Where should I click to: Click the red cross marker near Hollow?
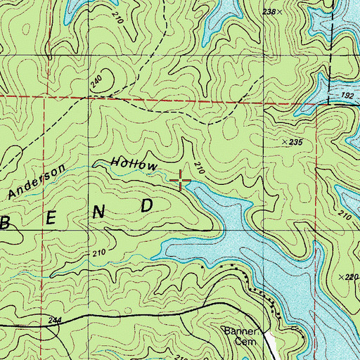(181, 181)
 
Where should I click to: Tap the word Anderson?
(42, 181)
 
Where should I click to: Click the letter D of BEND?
(147, 205)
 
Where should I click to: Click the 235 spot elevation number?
(295, 142)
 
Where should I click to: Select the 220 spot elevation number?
(352, 277)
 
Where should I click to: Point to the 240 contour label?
(96, 82)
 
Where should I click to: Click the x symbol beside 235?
(284, 142)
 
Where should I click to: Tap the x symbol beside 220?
(340, 277)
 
